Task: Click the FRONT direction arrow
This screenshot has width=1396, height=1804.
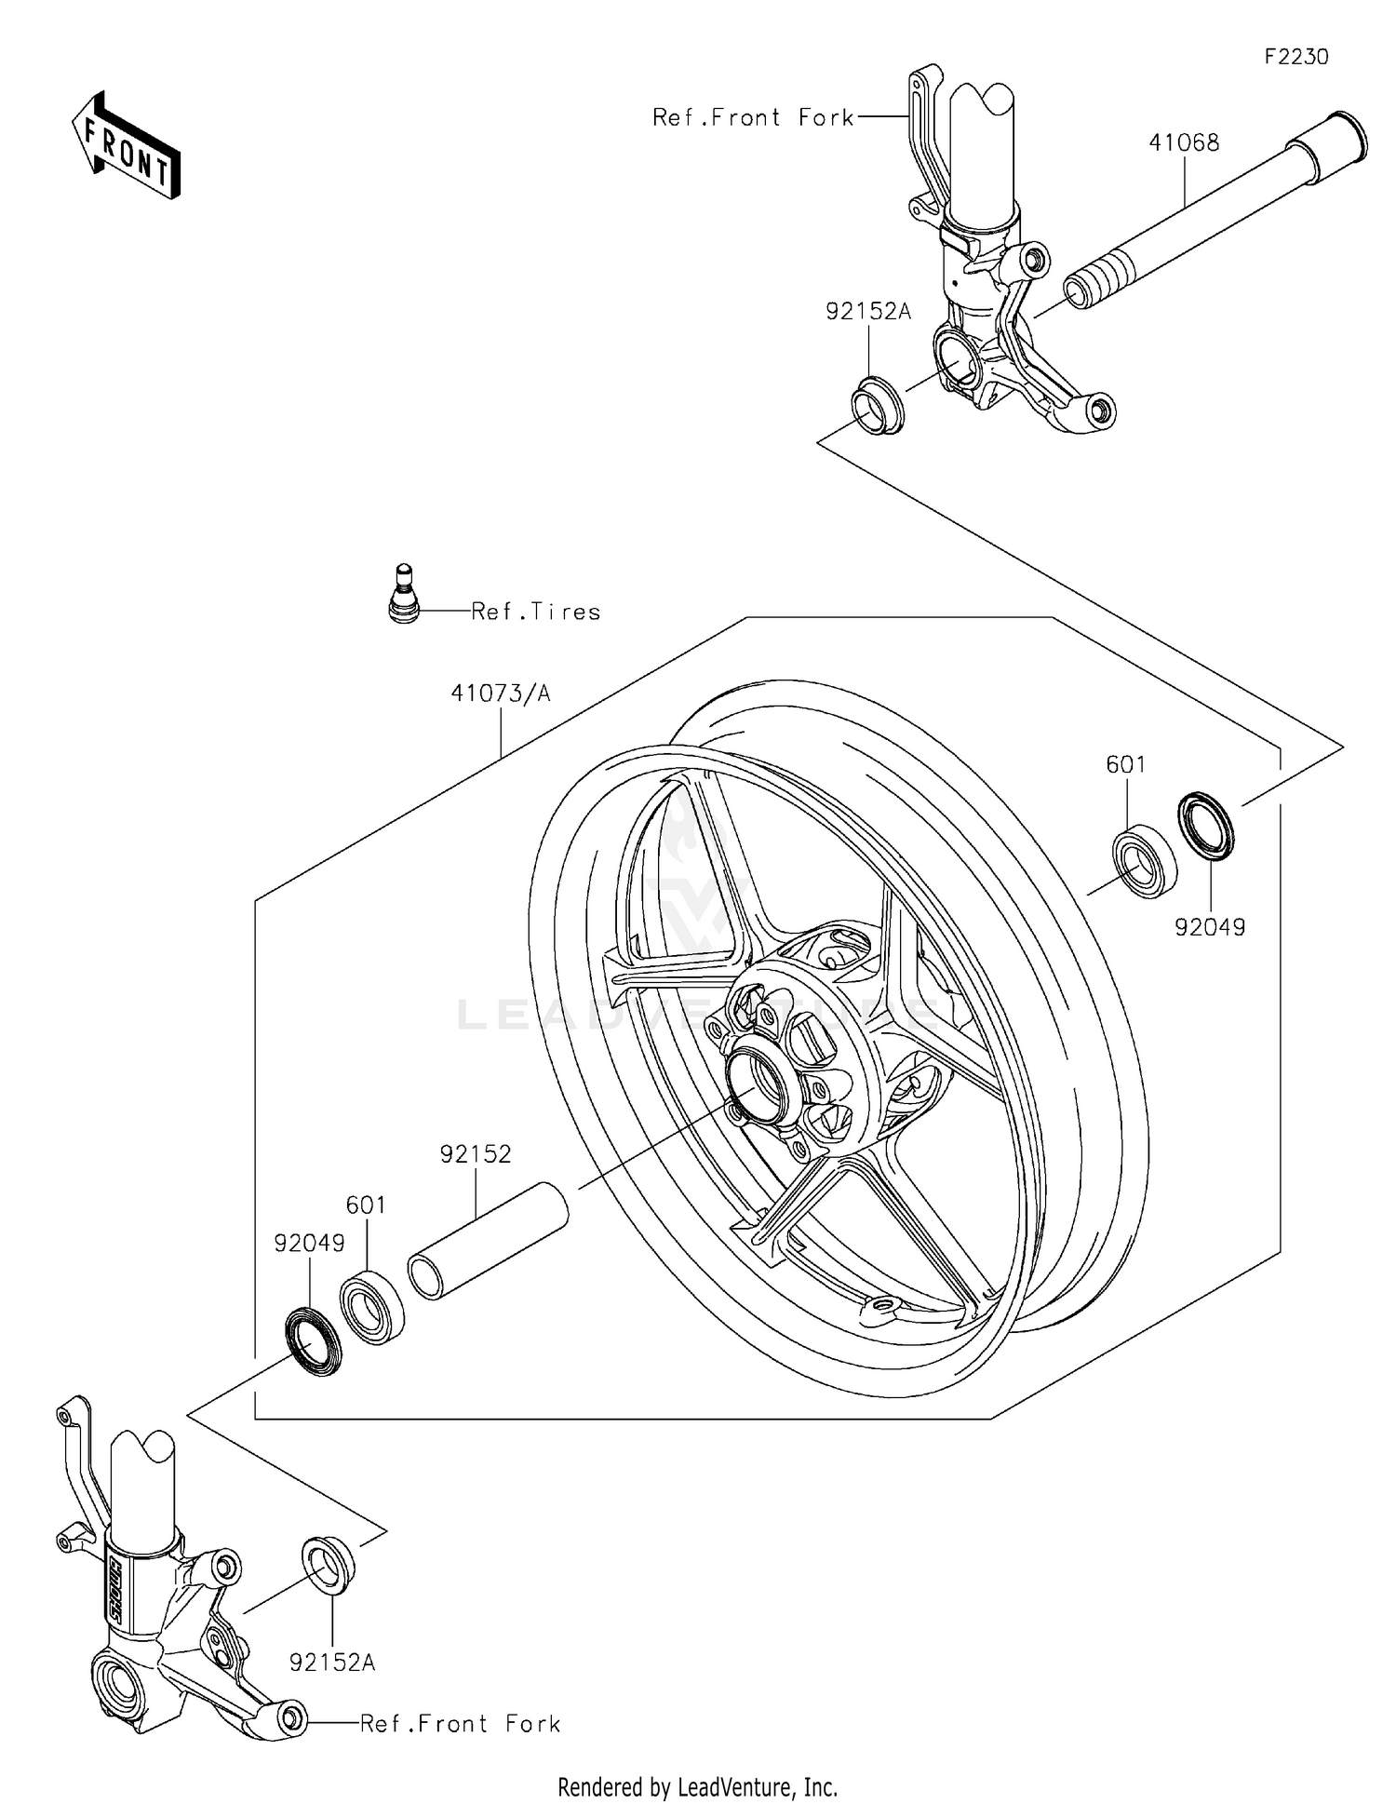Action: tap(127, 145)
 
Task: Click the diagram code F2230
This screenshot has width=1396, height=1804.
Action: tap(1295, 57)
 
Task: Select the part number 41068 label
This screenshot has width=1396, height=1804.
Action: tap(1183, 142)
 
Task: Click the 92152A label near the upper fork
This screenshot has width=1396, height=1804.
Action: tap(867, 312)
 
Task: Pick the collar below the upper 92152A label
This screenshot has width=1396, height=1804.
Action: tap(878, 406)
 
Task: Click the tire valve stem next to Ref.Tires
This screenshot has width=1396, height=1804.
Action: tap(403, 595)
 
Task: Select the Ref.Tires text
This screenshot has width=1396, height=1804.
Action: tap(536, 612)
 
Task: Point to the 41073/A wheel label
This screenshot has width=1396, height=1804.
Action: tap(501, 693)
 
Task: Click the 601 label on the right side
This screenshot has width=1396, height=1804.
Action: tap(1125, 764)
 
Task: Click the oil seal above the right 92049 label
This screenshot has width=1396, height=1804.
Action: tap(1206, 823)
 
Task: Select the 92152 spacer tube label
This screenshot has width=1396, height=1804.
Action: tap(476, 1154)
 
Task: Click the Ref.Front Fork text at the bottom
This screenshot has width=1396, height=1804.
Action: tap(461, 1724)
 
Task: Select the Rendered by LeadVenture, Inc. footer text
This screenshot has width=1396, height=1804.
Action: tap(697, 1787)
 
